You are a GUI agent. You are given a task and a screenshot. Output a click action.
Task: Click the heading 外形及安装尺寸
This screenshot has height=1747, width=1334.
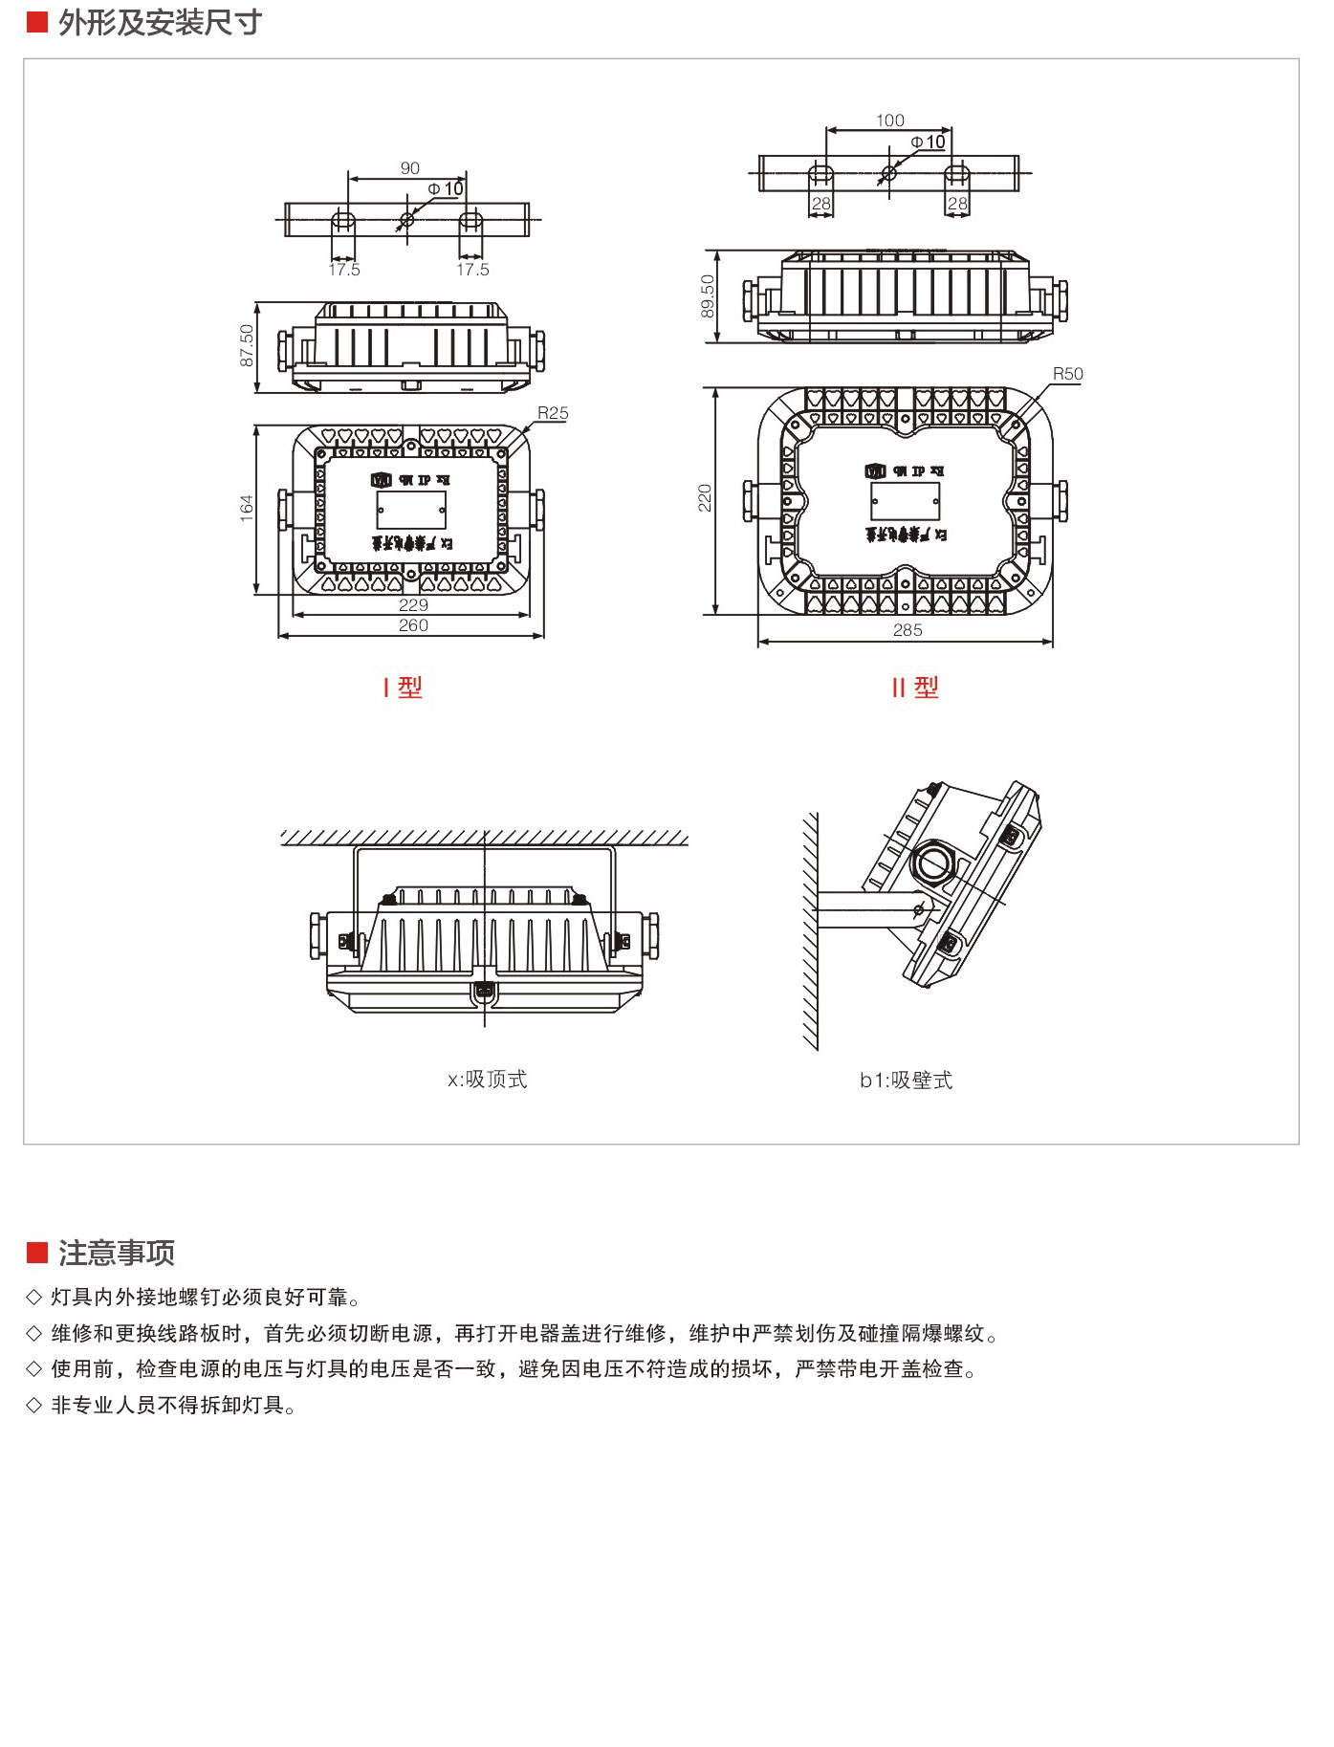160,23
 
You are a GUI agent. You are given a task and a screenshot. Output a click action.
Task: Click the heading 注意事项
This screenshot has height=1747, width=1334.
116,1253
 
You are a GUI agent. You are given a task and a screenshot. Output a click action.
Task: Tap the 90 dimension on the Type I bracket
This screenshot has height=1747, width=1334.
410,168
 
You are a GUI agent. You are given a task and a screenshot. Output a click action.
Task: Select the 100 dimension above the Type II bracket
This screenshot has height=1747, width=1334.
889,120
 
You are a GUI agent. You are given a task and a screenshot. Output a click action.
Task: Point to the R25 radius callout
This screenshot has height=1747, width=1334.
553,413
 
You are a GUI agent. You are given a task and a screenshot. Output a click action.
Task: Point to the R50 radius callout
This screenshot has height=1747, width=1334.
1067,374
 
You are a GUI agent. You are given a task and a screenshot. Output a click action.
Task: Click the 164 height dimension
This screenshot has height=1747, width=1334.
247,508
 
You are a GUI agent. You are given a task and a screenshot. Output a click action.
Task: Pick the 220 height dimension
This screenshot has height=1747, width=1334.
705,498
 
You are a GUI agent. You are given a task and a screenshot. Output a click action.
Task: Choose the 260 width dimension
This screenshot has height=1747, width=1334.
413,625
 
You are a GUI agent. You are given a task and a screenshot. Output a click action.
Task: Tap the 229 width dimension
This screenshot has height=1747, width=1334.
413,605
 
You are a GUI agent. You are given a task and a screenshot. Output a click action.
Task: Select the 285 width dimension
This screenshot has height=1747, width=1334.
908,630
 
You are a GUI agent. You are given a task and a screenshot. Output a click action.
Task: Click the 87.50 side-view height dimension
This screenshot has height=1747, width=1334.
247,345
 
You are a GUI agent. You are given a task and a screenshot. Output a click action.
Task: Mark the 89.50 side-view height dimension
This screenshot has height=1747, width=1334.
707,295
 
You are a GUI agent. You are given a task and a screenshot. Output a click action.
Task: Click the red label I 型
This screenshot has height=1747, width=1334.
403,688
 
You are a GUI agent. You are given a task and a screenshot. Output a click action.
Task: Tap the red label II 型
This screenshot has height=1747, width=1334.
915,688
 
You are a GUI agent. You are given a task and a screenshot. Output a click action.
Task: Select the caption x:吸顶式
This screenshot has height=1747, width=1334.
487,1080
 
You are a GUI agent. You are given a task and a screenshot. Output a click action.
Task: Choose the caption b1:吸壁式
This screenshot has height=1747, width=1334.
906,1081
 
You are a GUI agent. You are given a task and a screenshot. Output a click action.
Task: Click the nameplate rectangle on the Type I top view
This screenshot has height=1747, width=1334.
411,510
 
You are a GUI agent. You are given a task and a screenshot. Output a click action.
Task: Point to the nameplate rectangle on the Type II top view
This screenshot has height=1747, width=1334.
905,501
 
